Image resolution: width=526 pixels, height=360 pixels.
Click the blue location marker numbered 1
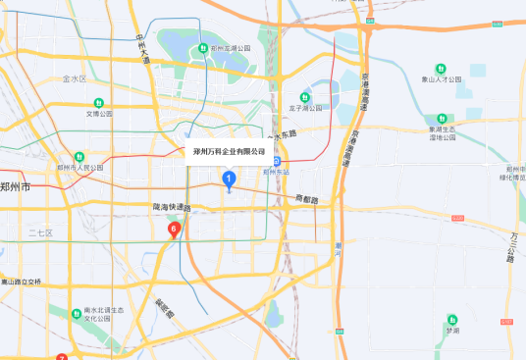(x=229, y=179)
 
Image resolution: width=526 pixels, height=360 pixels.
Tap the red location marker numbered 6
(x=174, y=231)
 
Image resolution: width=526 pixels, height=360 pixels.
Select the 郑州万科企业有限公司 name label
(x=230, y=152)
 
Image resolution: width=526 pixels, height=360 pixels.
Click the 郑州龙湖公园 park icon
(x=202, y=48)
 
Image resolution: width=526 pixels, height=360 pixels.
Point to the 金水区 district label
(x=75, y=78)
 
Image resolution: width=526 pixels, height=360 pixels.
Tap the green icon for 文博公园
(x=98, y=103)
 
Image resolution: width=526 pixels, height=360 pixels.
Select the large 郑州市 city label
(x=16, y=186)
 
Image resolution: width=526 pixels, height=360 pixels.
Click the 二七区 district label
(x=40, y=232)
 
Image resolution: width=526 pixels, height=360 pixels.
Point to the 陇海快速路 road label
(x=172, y=207)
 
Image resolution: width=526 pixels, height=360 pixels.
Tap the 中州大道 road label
(x=141, y=50)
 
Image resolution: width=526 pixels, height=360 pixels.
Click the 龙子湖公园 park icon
(x=305, y=98)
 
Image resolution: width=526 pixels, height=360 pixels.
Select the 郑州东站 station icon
(x=278, y=161)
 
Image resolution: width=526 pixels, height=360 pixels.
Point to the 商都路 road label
(x=307, y=198)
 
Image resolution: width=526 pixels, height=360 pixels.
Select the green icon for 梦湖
(x=451, y=320)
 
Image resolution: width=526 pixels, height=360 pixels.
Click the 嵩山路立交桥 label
(x=22, y=282)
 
